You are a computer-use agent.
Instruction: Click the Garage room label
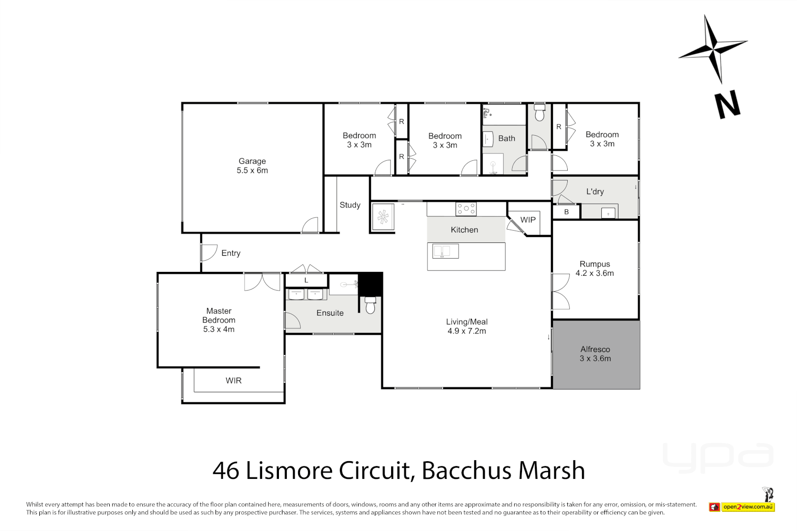[x=252, y=161]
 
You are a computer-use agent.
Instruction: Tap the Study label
[x=350, y=205]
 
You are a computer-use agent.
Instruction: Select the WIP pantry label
[x=528, y=220]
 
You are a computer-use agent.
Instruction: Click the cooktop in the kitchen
[x=466, y=209]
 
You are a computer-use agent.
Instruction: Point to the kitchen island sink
[x=445, y=251]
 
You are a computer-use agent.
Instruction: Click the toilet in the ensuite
[x=370, y=306]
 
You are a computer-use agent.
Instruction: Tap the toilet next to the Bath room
[x=540, y=113]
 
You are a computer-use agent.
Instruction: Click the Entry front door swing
[x=209, y=253]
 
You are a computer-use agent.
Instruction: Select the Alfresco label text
[x=595, y=349]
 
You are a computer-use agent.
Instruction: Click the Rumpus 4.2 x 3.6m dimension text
[x=595, y=273]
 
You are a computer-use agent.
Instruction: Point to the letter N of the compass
[x=728, y=104]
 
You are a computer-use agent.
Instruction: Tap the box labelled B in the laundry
[x=566, y=212]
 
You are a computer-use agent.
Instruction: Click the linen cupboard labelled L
[x=306, y=280]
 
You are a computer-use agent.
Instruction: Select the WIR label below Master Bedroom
[x=234, y=381]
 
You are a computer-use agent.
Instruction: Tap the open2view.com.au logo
[x=748, y=506]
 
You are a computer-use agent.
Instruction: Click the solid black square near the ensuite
[x=370, y=284]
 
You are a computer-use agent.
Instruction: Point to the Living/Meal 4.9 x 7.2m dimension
[x=466, y=331]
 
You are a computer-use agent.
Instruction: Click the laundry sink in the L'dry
[x=609, y=213]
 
